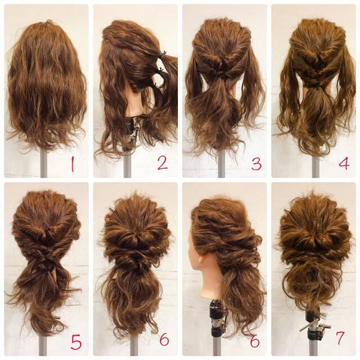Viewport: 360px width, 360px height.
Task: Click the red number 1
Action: (x=71, y=164)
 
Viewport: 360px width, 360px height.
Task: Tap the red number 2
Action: (x=163, y=163)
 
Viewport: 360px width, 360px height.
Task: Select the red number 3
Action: (x=256, y=164)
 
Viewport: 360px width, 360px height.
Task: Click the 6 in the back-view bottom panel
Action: (x=164, y=340)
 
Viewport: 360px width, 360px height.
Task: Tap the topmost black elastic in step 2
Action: (x=163, y=54)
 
